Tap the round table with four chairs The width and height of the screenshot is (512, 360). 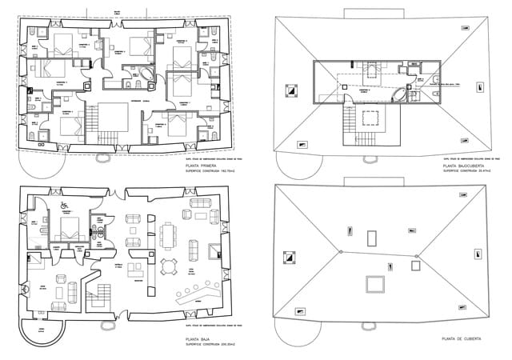(x=168, y=265)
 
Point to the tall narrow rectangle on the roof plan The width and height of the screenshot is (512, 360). (x=373, y=237)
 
